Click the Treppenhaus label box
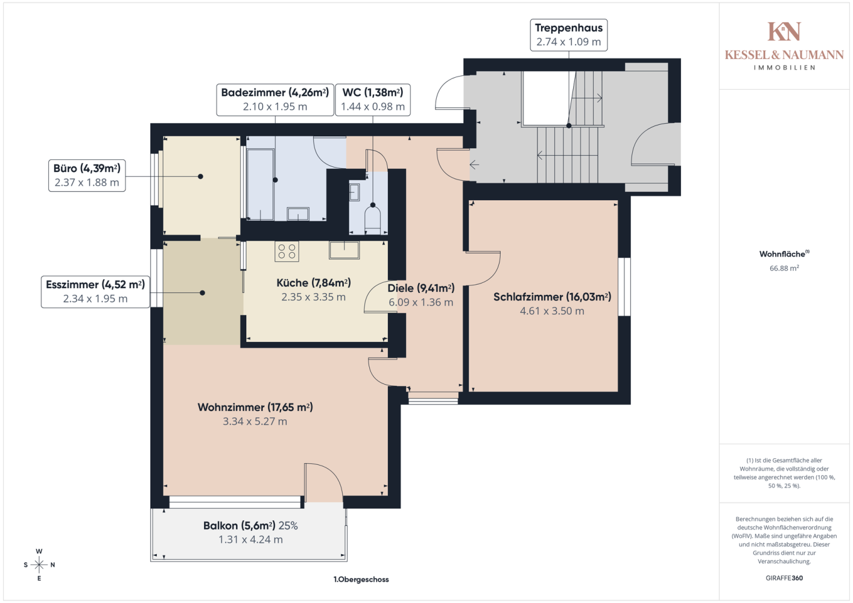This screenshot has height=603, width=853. click(568, 35)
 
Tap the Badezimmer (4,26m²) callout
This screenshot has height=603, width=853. click(275, 99)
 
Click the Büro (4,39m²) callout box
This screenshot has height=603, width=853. click(87, 175)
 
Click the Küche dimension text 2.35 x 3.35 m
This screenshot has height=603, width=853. click(314, 297)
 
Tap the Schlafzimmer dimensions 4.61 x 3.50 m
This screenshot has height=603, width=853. click(552, 311)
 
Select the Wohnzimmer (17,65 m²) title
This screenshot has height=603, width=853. click(255, 408)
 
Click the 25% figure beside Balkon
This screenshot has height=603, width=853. click(288, 526)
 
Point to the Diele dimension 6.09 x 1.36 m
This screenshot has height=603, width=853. click(421, 302)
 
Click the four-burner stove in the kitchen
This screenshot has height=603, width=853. click(287, 251)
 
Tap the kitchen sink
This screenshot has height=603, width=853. click(344, 250)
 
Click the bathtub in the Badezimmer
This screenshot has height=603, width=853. click(261, 185)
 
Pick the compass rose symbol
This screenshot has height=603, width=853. click(39, 564)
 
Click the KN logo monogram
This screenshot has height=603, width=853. click(784, 31)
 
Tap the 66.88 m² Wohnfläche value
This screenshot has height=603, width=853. click(784, 268)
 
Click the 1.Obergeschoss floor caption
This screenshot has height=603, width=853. click(361, 579)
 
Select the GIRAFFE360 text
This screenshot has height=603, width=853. click(784, 578)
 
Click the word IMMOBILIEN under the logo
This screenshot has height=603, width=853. click(784, 68)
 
